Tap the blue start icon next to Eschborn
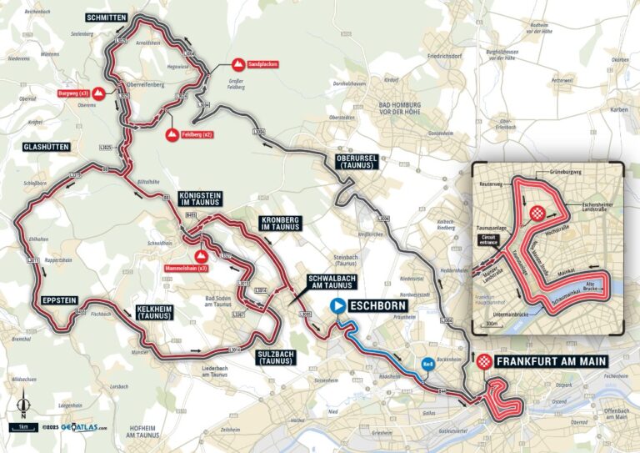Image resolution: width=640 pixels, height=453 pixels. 338,306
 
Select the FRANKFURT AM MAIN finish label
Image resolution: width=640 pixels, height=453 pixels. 550,362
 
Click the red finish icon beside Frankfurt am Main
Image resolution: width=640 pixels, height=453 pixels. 482,362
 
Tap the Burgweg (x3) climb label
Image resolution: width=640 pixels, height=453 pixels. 72,93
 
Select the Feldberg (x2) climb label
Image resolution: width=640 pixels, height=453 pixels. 197,133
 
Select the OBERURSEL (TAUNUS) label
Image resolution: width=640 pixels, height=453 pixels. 357,162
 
